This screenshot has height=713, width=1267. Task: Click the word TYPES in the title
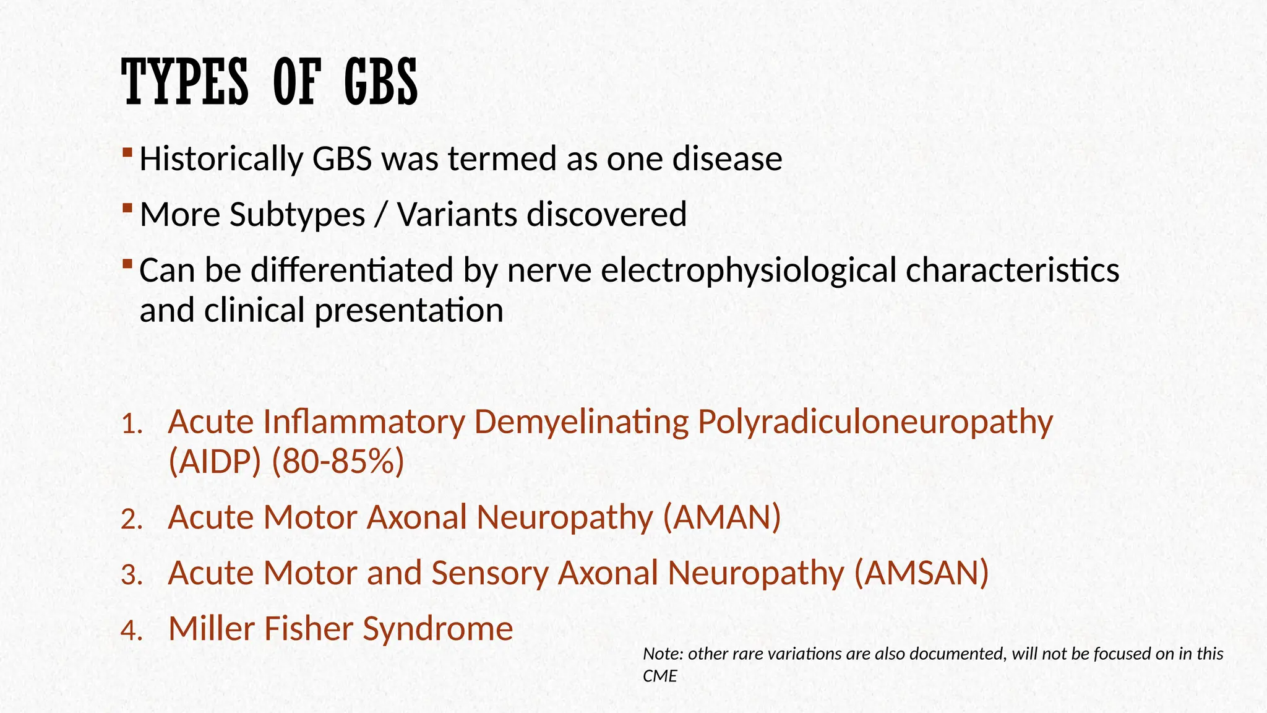click(x=185, y=82)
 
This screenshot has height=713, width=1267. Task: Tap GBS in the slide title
click(x=380, y=82)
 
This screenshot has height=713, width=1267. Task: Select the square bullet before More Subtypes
click(x=127, y=207)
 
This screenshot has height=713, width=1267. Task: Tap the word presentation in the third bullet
click(x=409, y=310)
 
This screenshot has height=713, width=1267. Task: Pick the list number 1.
click(x=132, y=425)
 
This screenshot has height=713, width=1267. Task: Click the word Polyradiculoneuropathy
click(x=875, y=423)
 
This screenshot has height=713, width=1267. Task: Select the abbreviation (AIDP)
click(x=215, y=462)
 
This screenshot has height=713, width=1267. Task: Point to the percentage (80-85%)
click(x=338, y=462)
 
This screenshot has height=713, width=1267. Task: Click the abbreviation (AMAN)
click(x=721, y=517)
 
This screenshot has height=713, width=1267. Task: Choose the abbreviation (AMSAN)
click(x=921, y=573)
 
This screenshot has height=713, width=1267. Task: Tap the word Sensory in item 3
click(x=489, y=573)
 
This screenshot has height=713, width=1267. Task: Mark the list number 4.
click(x=132, y=631)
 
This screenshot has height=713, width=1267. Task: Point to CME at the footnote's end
click(x=659, y=676)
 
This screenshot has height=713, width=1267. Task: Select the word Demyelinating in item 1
click(x=581, y=423)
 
